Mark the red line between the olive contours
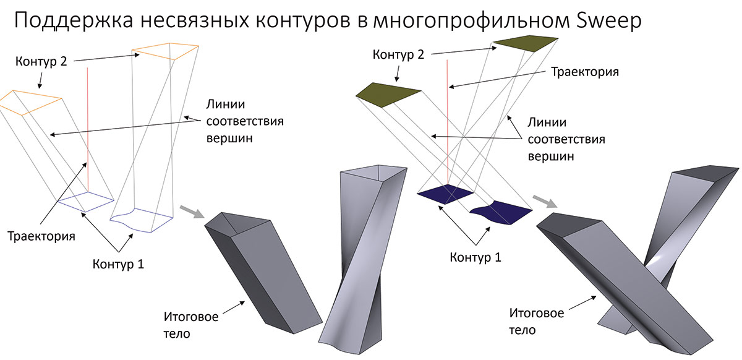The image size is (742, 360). (446, 124)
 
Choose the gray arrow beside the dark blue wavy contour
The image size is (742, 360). (544, 202)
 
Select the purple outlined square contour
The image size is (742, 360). (86, 200)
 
